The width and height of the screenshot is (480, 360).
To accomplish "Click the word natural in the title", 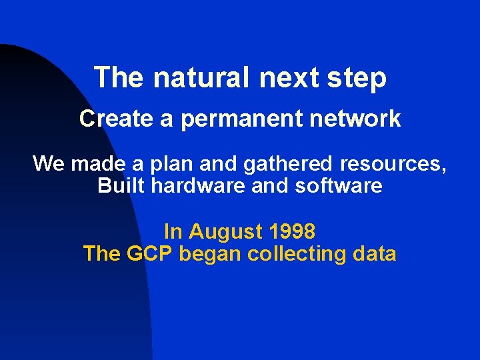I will coord(200,78).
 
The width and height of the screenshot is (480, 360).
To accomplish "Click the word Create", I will coord(116,119).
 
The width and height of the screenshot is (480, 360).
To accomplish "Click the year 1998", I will coord(292,231).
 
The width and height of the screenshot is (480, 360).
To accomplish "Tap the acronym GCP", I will coord(149,254).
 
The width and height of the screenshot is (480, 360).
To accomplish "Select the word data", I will coord(375,254).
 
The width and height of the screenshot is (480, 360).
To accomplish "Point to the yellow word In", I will coord(173,231).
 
